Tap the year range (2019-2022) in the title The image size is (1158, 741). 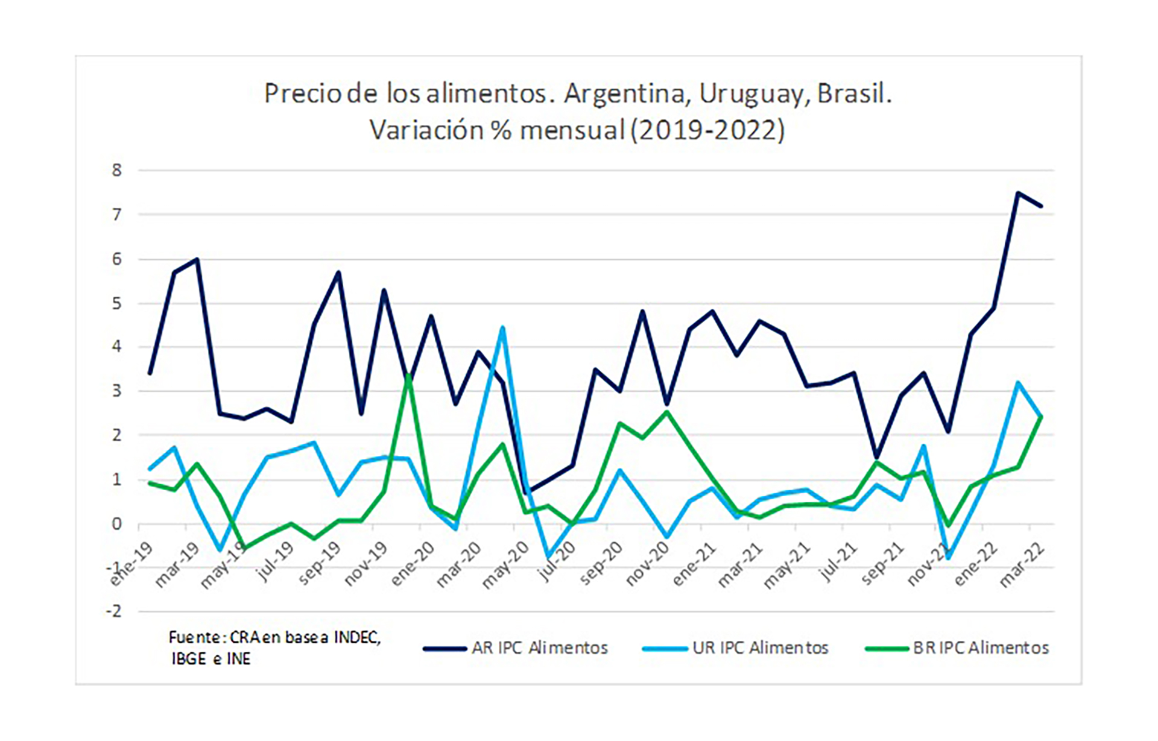pyautogui.click(x=707, y=130)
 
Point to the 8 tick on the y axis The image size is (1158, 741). pyautogui.click(x=116, y=170)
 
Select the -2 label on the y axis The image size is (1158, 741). pyautogui.click(x=113, y=611)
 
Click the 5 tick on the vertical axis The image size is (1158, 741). pyautogui.click(x=116, y=303)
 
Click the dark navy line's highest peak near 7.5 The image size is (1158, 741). pyautogui.click(x=1017, y=193)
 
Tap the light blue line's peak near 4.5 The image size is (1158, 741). pyautogui.click(x=502, y=328)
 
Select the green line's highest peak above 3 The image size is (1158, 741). pyautogui.click(x=408, y=376)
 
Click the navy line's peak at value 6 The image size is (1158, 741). pyautogui.click(x=197, y=259)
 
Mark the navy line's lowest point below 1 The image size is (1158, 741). pyautogui.click(x=526, y=492)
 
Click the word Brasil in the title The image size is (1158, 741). pyautogui.click(x=854, y=93)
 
